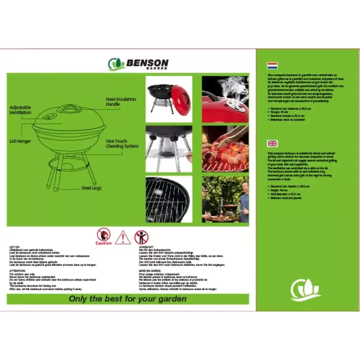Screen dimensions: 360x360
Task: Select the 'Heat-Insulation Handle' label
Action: click(121, 102)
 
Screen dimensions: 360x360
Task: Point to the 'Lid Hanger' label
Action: click(19, 141)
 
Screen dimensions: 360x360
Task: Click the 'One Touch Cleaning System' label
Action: click(122, 144)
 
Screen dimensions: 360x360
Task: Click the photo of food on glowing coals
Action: click(224, 149)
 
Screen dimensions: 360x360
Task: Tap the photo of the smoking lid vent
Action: click(225, 99)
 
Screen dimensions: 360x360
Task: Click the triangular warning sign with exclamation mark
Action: click(123, 238)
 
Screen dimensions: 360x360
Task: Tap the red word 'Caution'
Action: click(104, 243)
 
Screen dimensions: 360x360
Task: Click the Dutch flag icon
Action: click(272, 65)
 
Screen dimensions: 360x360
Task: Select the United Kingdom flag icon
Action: click(272, 143)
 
